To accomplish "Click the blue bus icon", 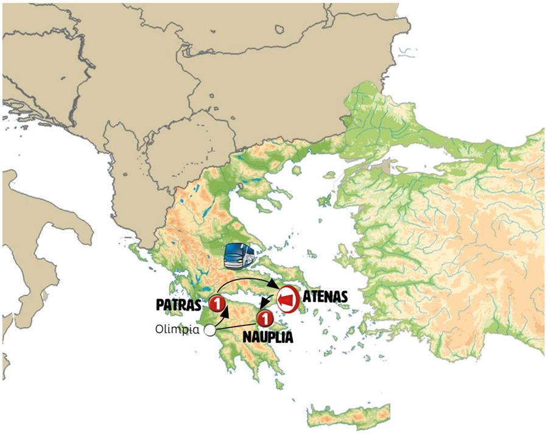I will coord(239,256).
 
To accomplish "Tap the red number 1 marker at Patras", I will coord(217,303).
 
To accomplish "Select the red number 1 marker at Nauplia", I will coord(265,318).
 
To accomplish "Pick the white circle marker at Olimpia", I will coord(210,330).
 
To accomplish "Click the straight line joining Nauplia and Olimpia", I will coord(237,325).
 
